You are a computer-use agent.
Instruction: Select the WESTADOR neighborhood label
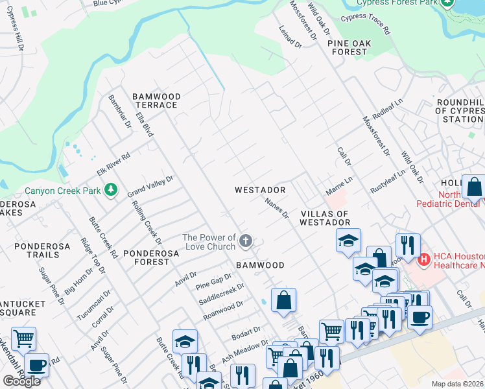click(260, 190)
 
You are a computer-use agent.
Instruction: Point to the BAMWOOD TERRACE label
click(156, 100)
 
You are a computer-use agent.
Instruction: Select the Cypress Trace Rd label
click(366, 25)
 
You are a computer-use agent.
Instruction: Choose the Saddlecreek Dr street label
click(222, 293)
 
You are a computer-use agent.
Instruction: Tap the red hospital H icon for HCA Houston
click(424, 260)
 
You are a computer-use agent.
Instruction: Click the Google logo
click(21, 381)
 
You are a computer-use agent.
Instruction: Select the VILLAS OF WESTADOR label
click(325, 218)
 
